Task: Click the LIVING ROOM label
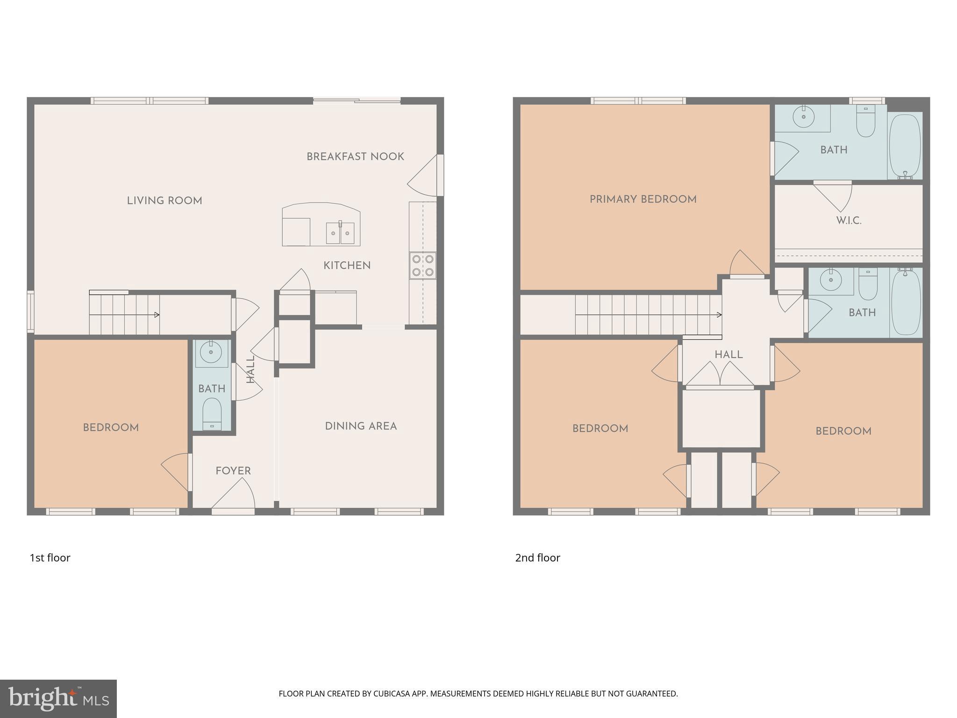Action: tap(164, 201)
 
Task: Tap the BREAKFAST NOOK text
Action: tap(355, 157)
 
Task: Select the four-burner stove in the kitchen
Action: tap(423, 266)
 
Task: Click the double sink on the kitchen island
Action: tap(340, 233)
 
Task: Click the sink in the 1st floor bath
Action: tap(211, 352)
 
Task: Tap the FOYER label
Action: tap(233, 471)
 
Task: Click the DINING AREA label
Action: tap(361, 426)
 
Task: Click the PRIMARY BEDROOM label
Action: tap(643, 200)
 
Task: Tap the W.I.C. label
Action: tap(849, 221)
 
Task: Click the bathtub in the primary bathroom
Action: tap(905, 146)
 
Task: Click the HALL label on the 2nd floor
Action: tap(728, 355)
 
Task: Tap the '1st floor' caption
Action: tap(50, 558)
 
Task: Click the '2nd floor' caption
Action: tap(537, 558)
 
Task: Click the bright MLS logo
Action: tap(58, 699)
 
